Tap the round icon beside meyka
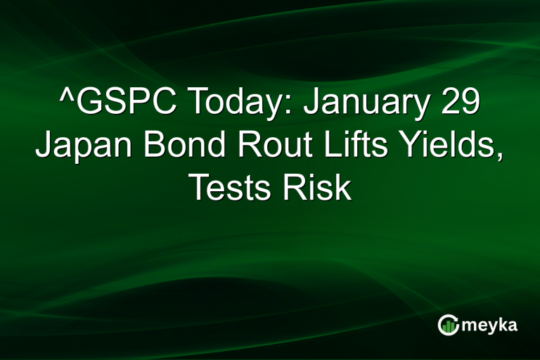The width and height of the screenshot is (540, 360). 448,325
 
